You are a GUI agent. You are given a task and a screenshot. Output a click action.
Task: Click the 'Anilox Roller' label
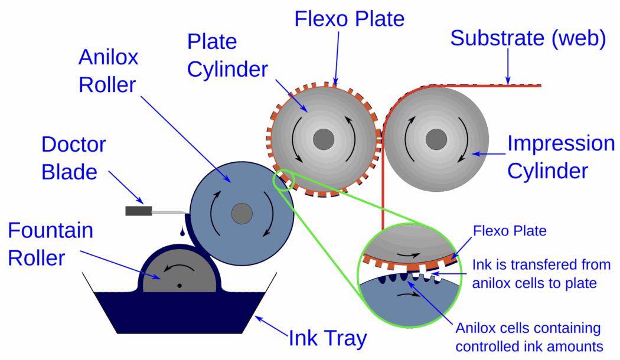[x=108, y=71]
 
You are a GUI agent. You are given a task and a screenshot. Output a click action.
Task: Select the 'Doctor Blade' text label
[x=73, y=158]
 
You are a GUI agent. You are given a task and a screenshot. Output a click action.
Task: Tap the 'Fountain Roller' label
[x=50, y=244]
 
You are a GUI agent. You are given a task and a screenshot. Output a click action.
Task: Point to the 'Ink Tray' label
[x=327, y=339]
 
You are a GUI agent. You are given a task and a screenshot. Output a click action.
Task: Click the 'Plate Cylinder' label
[x=227, y=56]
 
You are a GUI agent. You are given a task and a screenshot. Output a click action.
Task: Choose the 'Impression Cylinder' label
[x=561, y=157]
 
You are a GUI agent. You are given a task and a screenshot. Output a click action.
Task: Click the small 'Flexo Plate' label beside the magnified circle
[x=510, y=231]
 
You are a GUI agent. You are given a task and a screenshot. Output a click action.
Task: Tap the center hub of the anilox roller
[x=241, y=214]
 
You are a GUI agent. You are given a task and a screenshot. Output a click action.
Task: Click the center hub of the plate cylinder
[x=323, y=139]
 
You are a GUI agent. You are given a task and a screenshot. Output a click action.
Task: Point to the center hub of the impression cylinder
[x=436, y=139]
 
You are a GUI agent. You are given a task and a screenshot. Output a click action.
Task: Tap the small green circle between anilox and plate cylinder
[x=283, y=181]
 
